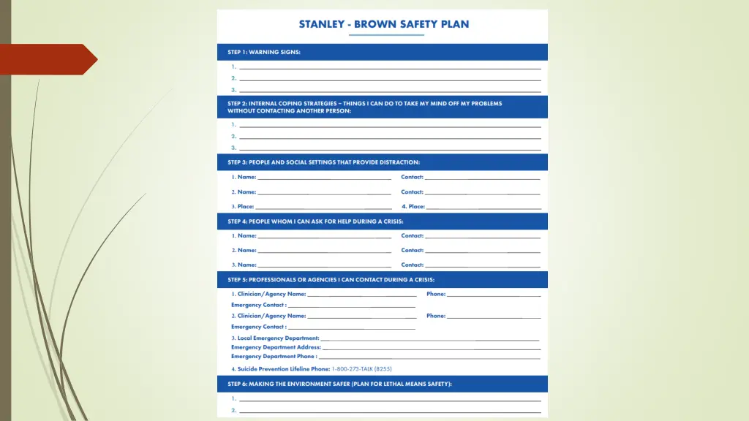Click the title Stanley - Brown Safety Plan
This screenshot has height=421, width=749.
coord(383,24)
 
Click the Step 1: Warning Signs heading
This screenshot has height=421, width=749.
coord(264,52)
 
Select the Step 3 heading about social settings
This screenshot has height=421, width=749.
coord(323,162)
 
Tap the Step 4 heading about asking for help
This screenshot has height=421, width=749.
coord(315,221)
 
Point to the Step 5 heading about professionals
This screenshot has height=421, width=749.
coord(331,279)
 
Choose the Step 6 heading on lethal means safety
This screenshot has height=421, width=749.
coord(339,384)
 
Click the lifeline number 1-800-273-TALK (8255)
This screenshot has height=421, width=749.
coord(366,369)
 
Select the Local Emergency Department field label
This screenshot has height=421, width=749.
coord(276,338)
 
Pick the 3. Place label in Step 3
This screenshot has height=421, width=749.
coord(243,207)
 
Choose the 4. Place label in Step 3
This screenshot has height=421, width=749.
coord(413,207)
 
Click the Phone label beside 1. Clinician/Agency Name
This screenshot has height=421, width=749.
coord(436,294)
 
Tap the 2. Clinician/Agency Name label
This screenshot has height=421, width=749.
coord(268,316)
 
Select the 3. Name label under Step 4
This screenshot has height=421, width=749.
coord(244,265)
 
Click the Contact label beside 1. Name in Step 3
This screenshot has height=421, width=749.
coord(412,177)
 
